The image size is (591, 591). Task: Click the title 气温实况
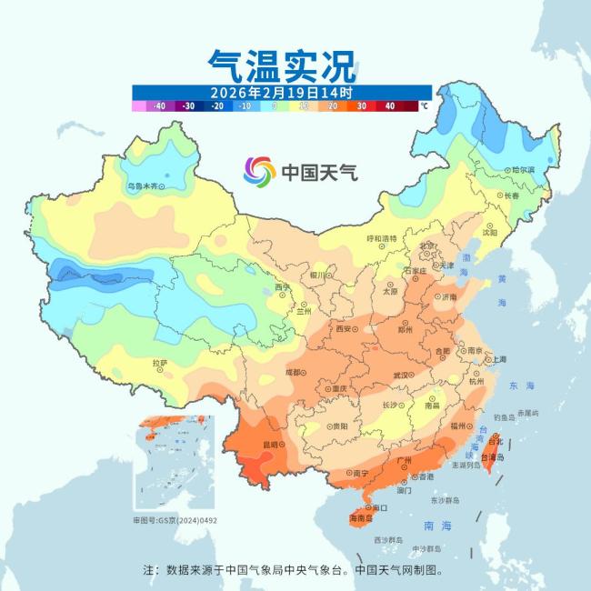tap(281, 65)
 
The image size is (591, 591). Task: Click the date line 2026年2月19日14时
tap(281, 92)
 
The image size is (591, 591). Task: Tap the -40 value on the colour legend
tap(160, 105)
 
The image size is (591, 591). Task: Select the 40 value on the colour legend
tap(389, 105)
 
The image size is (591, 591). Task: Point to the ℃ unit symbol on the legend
tap(424, 105)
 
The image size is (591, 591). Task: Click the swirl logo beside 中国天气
tap(259, 170)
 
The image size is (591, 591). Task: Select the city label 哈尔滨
tap(522, 170)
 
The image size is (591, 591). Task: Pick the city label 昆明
tap(271, 445)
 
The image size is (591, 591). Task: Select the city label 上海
tap(499, 359)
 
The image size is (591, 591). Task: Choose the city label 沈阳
tap(490, 233)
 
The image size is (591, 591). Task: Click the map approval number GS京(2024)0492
tap(176, 521)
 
